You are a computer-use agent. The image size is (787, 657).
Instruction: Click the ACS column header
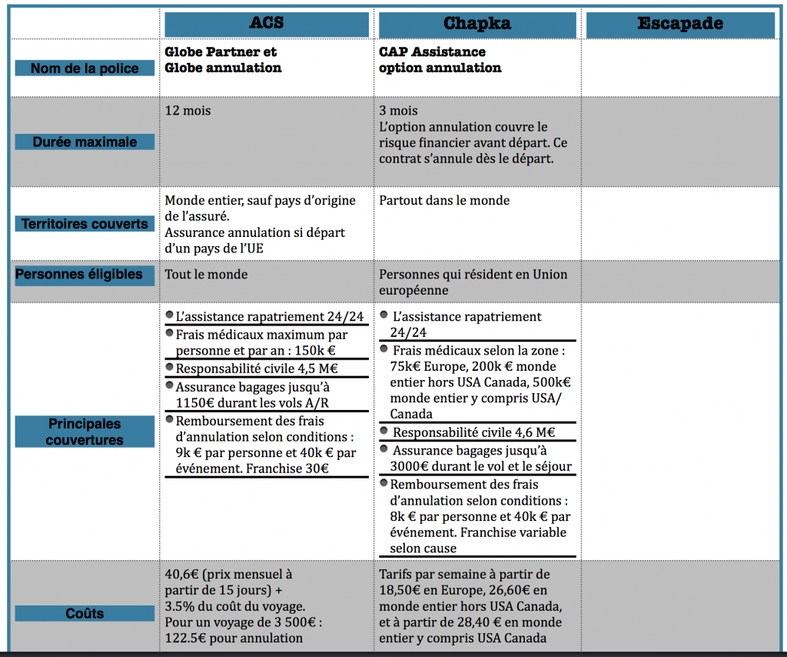pos(267,23)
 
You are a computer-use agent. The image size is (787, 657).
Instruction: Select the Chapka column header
pos(477,23)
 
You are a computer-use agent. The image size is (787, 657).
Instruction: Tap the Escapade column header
pos(680,24)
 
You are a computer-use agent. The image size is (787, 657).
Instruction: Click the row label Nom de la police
pos(85,68)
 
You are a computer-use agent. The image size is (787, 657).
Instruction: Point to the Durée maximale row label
pos(85,142)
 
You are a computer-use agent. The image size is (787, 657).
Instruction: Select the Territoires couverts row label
pos(85,224)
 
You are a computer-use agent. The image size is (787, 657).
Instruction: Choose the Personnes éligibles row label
pos(79,274)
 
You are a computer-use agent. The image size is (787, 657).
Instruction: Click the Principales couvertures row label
pos(85,432)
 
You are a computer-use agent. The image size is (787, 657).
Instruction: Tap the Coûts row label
pos(85,613)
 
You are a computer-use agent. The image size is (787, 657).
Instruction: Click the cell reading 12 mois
pos(188,111)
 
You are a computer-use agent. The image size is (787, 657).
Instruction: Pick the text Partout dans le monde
pos(444,200)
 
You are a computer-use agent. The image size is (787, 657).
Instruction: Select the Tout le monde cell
pos(207,274)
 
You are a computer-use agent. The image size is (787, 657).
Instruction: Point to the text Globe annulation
pos(223,68)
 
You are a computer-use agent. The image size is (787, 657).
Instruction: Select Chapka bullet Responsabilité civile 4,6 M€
pos(473,432)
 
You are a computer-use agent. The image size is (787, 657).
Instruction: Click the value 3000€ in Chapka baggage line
pos(410,465)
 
